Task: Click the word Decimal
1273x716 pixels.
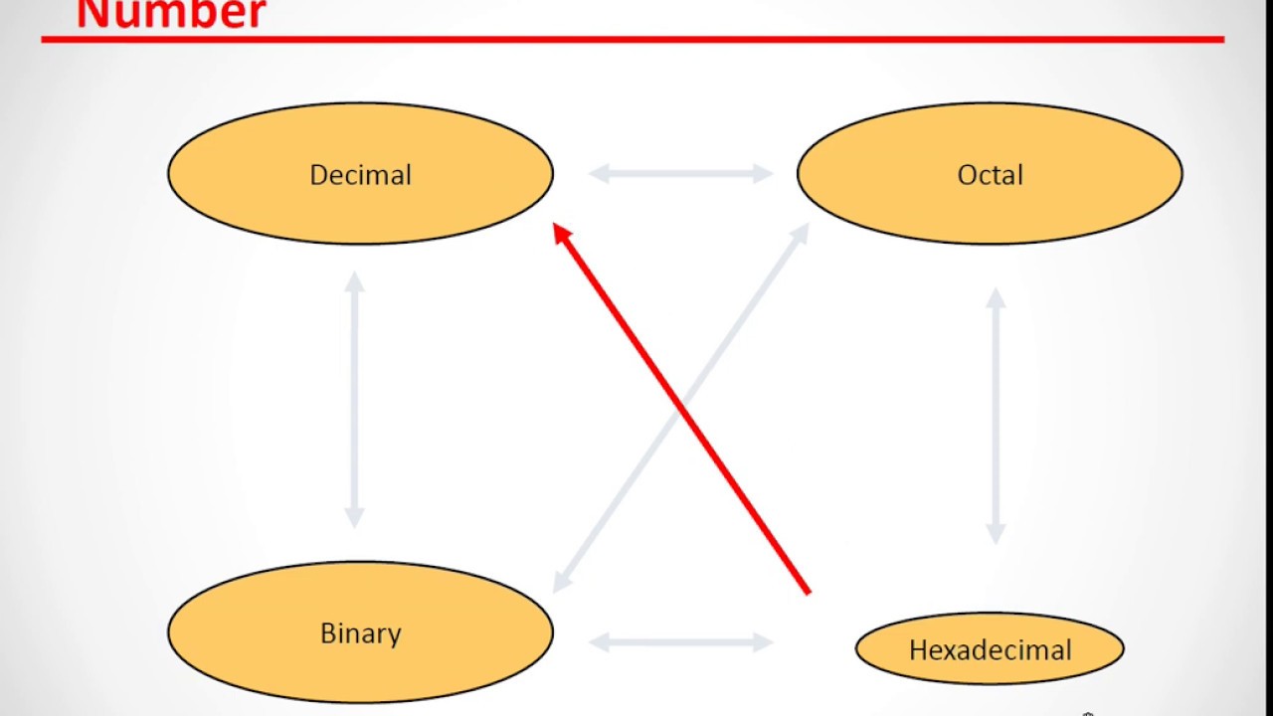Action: (360, 175)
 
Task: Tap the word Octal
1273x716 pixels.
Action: (990, 175)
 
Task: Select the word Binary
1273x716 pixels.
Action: (360, 633)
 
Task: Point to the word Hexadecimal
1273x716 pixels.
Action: (990, 650)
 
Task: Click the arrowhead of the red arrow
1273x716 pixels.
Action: (562, 233)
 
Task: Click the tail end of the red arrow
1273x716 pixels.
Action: (807, 592)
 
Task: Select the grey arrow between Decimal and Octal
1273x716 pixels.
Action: (681, 174)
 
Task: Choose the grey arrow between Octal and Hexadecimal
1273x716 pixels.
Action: (996, 416)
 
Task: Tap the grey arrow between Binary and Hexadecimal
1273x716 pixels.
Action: (681, 642)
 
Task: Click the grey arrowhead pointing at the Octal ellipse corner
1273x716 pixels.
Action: (801, 232)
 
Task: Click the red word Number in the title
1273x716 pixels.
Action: (171, 14)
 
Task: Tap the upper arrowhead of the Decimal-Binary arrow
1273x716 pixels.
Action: (354, 280)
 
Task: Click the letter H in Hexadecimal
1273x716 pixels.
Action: (918, 650)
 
